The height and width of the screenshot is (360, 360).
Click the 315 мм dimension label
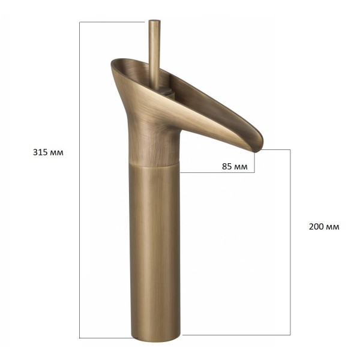48,152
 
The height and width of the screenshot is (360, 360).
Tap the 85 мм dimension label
235,166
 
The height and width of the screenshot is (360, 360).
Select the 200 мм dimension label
324,227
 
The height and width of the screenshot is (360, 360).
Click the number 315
40,152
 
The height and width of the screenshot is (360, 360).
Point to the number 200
316,227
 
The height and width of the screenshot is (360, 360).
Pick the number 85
227,166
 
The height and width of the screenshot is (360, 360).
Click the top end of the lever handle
155,21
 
